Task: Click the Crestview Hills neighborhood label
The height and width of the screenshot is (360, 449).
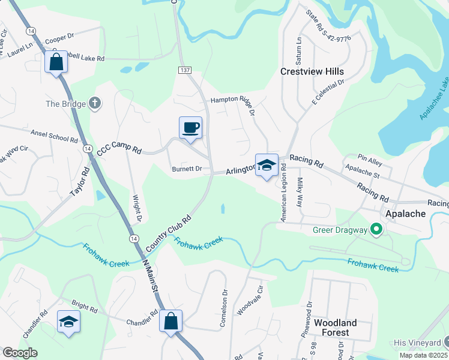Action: tap(312, 71)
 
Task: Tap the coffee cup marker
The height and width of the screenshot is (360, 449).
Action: tap(191, 128)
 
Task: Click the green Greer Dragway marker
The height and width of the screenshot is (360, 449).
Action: tap(376, 229)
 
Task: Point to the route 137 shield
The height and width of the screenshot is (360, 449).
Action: tap(184, 70)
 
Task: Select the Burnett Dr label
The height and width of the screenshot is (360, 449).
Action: tap(187, 169)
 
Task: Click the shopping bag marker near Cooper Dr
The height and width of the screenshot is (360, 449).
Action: tap(56, 62)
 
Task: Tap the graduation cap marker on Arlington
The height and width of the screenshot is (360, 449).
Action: tap(267, 165)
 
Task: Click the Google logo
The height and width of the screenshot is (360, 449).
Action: tap(20, 353)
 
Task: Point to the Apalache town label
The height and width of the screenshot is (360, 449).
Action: tap(405, 214)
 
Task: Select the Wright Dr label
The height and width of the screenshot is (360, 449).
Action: tap(137, 206)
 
